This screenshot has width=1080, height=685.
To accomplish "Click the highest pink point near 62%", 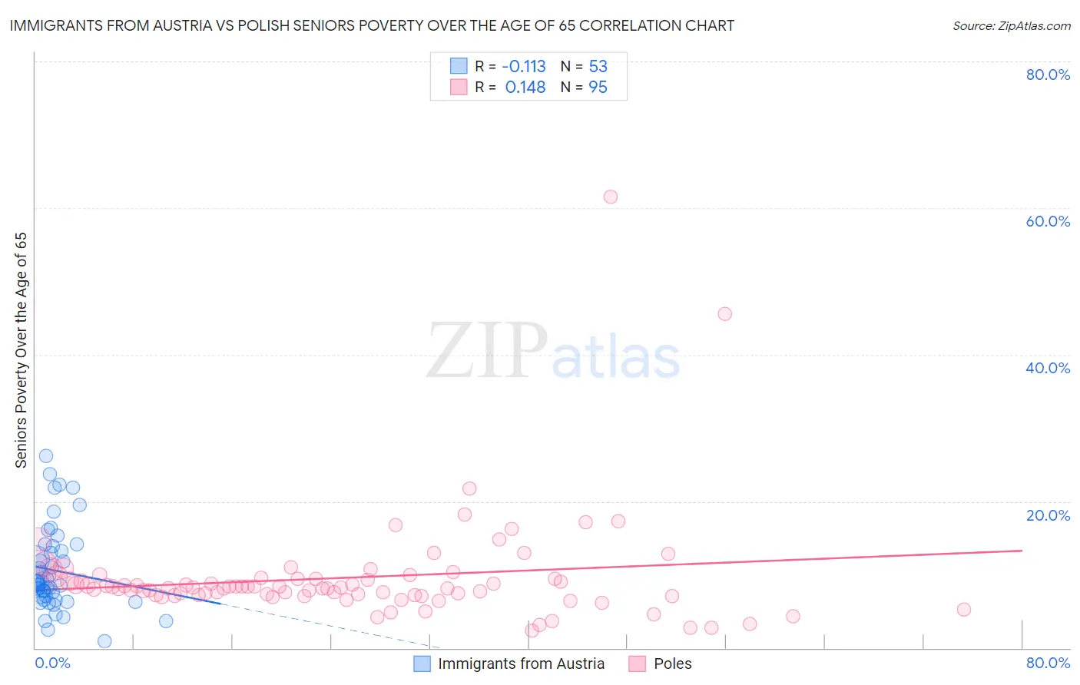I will pyautogui.click(x=611, y=197).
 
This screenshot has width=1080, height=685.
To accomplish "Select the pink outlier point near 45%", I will pyautogui.click(x=724, y=313).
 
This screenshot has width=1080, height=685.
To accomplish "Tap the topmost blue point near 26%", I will pyautogui.click(x=46, y=456).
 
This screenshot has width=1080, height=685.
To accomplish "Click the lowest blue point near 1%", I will pyautogui.click(x=104, y=641).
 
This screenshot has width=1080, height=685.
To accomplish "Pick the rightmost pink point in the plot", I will pyautogui.click(x=964, y=610).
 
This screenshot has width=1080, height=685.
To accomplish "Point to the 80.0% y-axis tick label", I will pyautogui.click(x=1048, y=74).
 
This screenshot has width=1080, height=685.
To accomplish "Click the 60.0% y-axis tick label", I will pyautogui.click(x=1048, y=221).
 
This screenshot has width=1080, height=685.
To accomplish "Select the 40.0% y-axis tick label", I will pyautogui.click(x=1048, y=368).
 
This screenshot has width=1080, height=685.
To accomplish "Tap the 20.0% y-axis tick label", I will pyautogui.click(x=1048, y=515).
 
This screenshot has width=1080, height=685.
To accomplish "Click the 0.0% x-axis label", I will pyautogui.click(x=52, y=663).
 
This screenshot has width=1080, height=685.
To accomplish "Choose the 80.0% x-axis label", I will pyautogui.click(x=1048, y=663).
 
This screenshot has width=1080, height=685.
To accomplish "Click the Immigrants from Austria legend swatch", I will pyautogui.click(x=422, y=663).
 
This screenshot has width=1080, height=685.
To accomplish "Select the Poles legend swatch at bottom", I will pyautogui.click(x=637, y=663).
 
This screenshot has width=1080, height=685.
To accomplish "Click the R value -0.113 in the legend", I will pyautogui.click(x=524, y=66).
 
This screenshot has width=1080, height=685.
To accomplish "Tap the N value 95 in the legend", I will pyautogui.click(x=598, y=88).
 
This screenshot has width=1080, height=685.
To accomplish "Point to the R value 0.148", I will pyautogui.click(x=525, y=88).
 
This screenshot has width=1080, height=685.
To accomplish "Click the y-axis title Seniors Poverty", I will pyautogui.click(x=21, y=350).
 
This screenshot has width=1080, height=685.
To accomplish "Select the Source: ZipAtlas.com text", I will pyautogui.click(x=1011, y=26).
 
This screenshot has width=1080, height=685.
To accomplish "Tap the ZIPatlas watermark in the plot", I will pyautogui.click(x=553, y=352).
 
